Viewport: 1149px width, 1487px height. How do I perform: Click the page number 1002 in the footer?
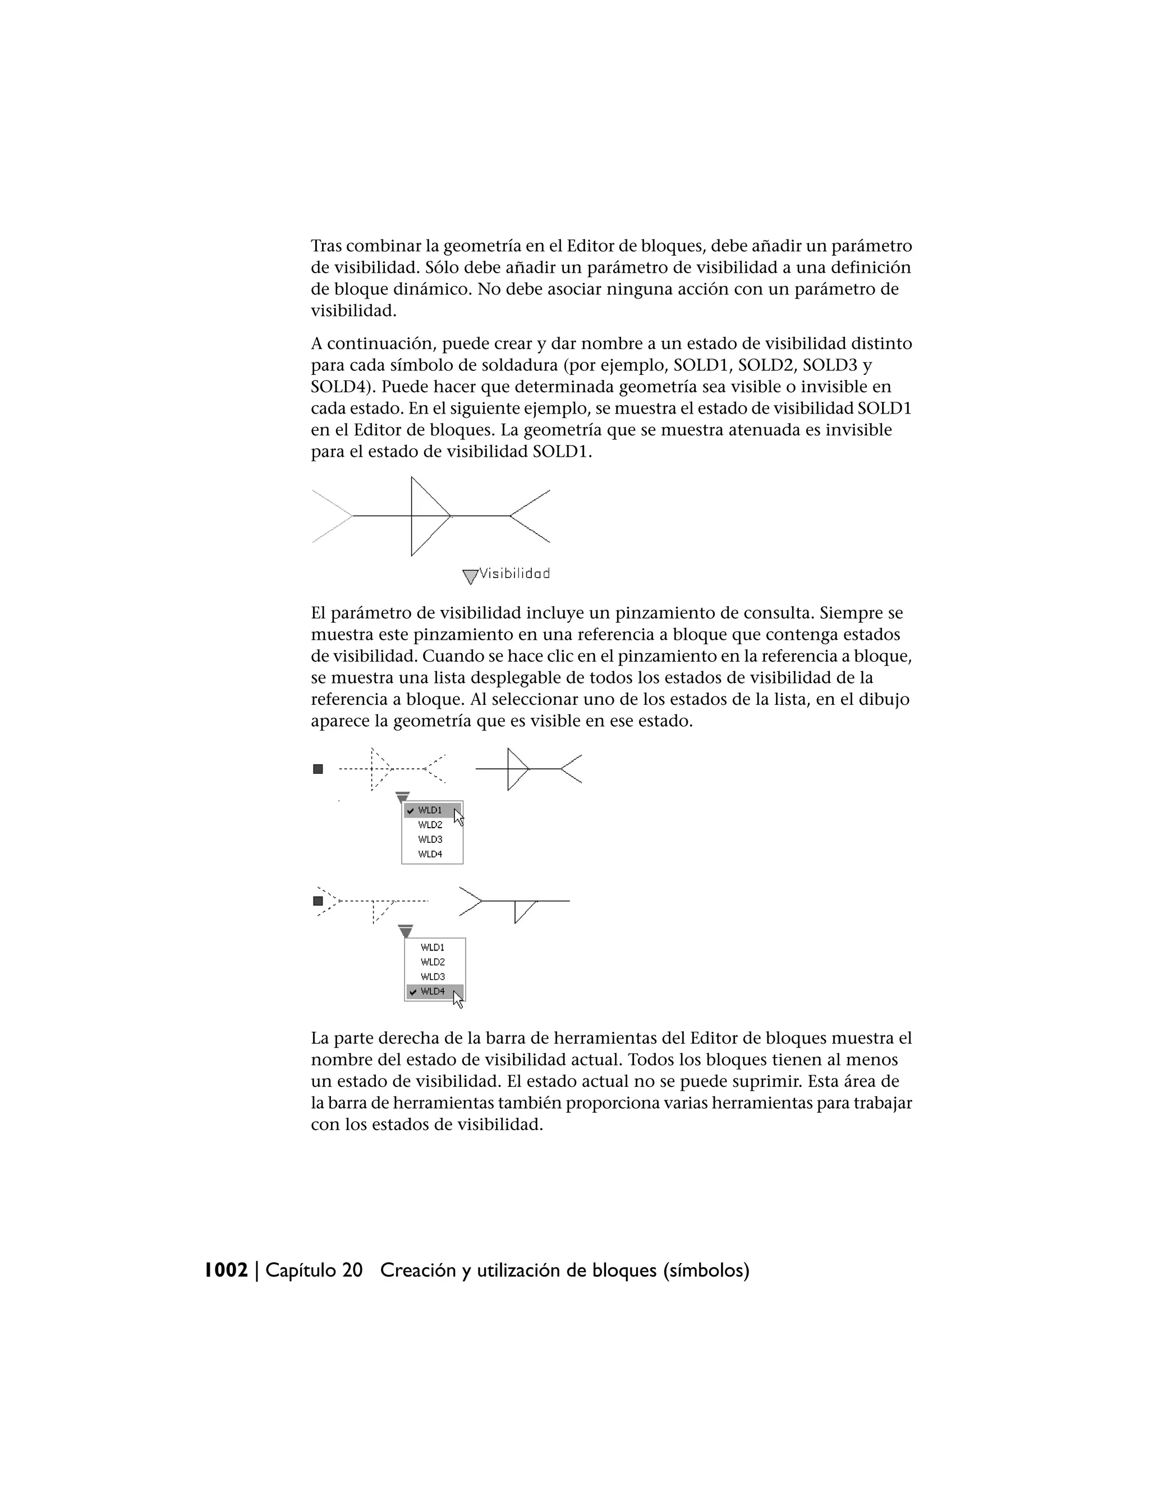[227, 1270]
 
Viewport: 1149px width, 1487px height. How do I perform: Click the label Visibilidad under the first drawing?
[514, 573]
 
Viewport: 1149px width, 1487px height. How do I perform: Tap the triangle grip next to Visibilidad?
[470, 577]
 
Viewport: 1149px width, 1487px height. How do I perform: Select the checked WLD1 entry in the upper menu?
[430, 810]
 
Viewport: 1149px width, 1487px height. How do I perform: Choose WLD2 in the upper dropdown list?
[430, 824]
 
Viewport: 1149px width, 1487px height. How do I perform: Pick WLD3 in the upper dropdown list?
[430, 839]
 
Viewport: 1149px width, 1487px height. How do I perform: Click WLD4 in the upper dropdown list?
[430, 854]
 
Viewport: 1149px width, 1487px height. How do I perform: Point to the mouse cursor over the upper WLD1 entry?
[458, 817]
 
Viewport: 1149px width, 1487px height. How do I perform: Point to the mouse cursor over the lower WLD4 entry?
[457, 999]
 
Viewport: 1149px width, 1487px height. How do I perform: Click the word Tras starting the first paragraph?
[326, 246]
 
